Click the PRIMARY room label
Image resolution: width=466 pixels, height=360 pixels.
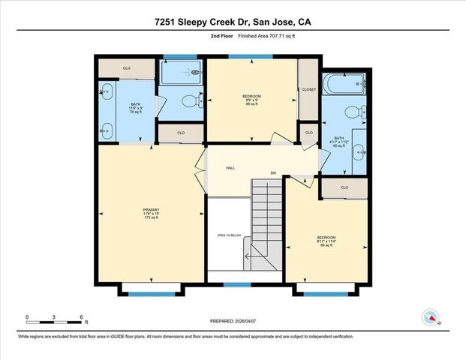[151, 209]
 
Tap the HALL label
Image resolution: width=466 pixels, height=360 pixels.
[230, 167]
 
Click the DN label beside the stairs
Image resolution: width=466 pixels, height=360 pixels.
[274, 173]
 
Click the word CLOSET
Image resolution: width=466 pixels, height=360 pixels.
[309, 89]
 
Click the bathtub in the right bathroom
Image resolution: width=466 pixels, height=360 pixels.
[344, 84]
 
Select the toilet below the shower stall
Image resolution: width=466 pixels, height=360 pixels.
[197, 102]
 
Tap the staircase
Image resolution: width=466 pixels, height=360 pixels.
[266, 217]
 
